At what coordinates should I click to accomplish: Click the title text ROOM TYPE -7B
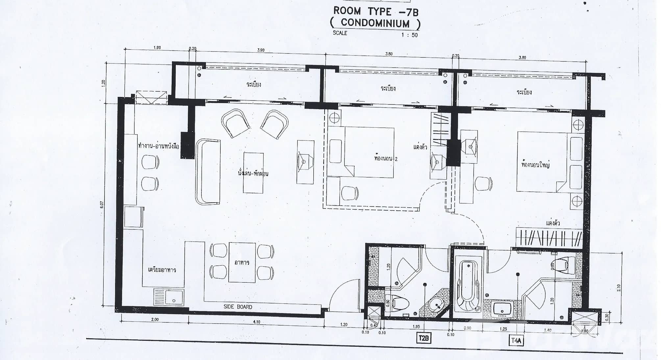[376, 11]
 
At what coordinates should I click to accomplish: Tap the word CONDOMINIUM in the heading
[375, 23]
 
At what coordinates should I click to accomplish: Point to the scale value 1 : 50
[409, 35]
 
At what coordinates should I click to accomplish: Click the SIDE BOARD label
[238, 307]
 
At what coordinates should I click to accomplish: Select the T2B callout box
[424, 338]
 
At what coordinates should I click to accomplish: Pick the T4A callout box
[516, 341]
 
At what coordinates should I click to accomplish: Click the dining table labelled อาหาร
[242, 262]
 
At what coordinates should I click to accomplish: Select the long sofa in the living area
[208, 171]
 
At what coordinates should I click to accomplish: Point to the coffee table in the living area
[253, 172]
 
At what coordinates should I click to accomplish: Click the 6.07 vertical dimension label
[102, 205]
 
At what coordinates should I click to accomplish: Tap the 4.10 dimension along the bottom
[257, 322]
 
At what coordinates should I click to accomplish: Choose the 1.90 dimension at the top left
[157, 48]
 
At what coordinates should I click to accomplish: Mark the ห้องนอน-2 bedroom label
[386, 158]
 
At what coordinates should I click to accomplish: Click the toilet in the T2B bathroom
[400, 302]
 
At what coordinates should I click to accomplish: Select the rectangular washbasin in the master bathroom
[502, 309]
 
